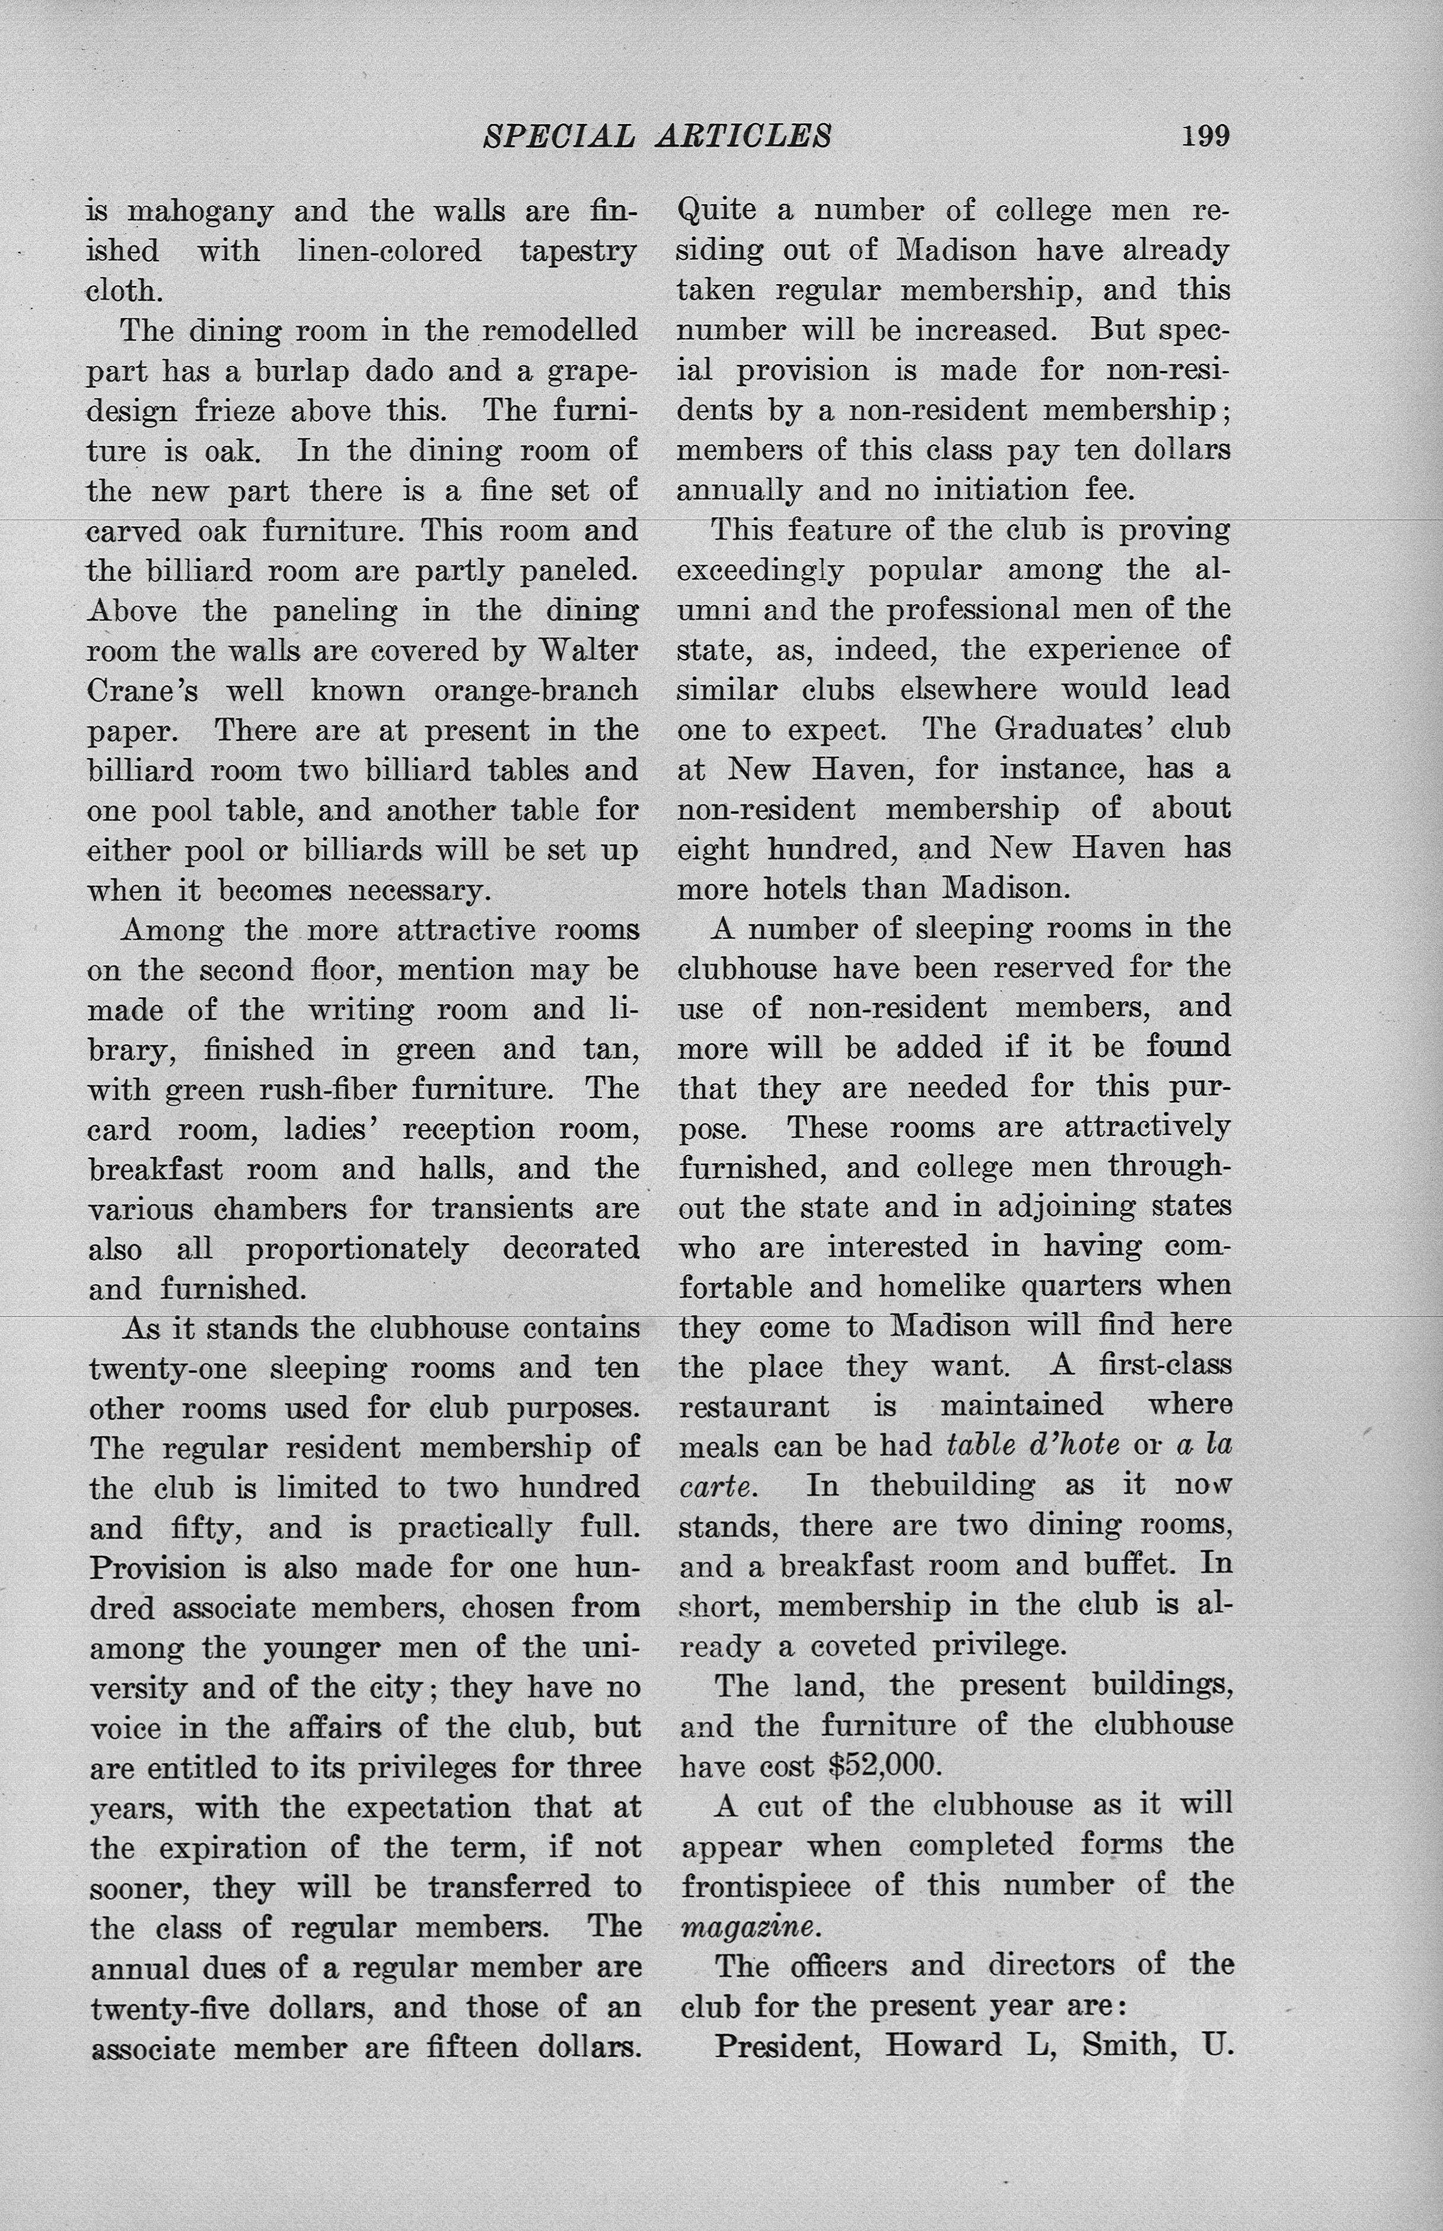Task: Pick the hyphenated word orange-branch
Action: [x=536, y=690]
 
